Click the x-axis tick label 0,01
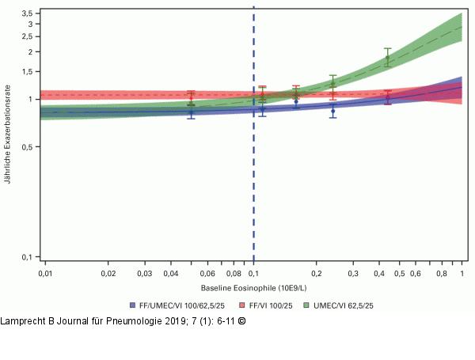[45, 273]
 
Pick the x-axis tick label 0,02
[108, 273]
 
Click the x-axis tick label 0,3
[353, 273]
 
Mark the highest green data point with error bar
[387, 58]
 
